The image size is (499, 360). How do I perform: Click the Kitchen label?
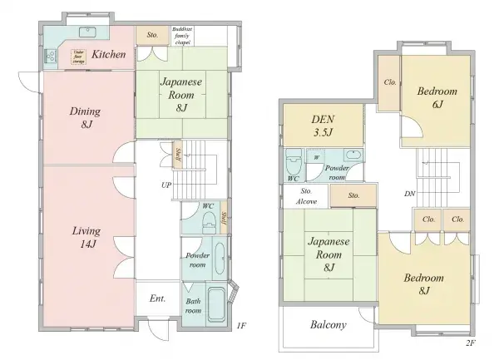[109, 55]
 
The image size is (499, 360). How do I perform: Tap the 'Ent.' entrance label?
[158, 298]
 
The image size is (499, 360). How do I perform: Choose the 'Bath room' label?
[192, 307]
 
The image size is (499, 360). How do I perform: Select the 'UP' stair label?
[166, 185]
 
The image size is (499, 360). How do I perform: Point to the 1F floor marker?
[241, 325]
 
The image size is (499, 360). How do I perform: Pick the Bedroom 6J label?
[437, 97]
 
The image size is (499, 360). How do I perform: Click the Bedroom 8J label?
[425, 284]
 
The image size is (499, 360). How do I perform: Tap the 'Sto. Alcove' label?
[305, 196]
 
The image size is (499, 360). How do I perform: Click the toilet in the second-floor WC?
[294, 160]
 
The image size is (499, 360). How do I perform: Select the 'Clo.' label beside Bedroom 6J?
[389, 83]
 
